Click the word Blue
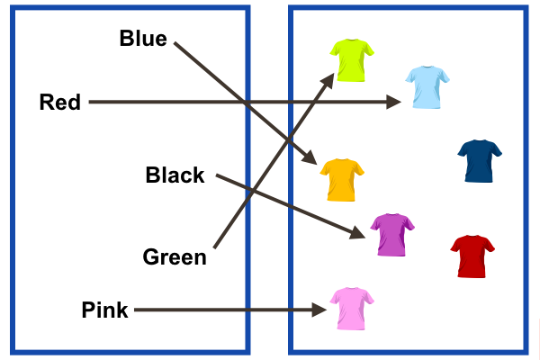143,39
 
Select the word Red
59,102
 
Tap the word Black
175,175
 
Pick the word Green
175,257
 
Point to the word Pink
104,310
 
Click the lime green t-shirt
351,59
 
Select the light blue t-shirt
427,86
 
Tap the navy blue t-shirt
480,160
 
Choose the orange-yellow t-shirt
342,179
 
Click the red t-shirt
472,256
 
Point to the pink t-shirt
351,308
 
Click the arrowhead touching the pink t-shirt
319,310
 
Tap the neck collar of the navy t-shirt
480,142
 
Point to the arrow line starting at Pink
225,310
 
